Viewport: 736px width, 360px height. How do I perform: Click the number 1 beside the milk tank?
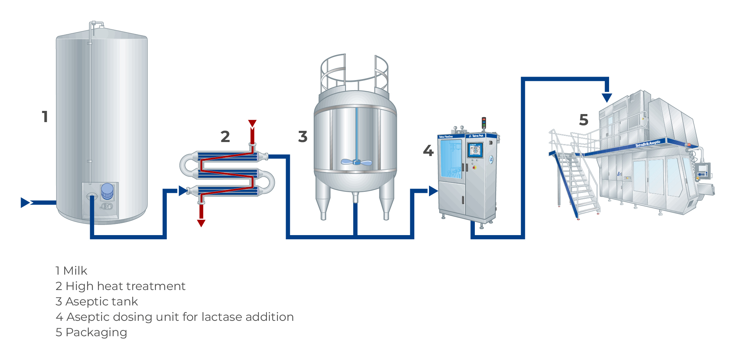click(x=45, y=117)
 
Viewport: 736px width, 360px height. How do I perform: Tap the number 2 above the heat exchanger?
click(x=225, y=136)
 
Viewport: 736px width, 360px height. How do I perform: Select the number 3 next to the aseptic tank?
click(x=303, y=136)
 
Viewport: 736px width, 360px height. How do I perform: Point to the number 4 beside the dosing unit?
click(x=428, y=151)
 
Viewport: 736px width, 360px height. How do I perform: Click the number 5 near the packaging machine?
click(x=584, y=120)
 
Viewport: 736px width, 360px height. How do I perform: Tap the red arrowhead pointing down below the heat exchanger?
click(x=201, y=223)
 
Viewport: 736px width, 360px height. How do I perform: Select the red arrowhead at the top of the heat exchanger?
click(x=252, y=123)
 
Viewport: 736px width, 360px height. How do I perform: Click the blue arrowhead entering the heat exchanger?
click(x=183, y=191)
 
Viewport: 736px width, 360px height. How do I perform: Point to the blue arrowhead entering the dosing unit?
click(x=433, y=191)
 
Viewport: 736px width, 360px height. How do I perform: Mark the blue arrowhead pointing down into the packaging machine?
click(x=607, y=97)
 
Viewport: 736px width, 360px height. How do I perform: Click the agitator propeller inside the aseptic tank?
click(x=356, y=162)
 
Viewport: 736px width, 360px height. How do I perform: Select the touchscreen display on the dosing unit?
click(x=475, y=150)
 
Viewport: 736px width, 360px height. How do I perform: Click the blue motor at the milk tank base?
click(x=107, y=191)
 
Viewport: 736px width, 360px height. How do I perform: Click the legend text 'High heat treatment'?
click(x=125, y=286)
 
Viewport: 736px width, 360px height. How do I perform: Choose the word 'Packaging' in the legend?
click(x=96, y=332)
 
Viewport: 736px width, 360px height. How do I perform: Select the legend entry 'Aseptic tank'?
click(x=101, y=302)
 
